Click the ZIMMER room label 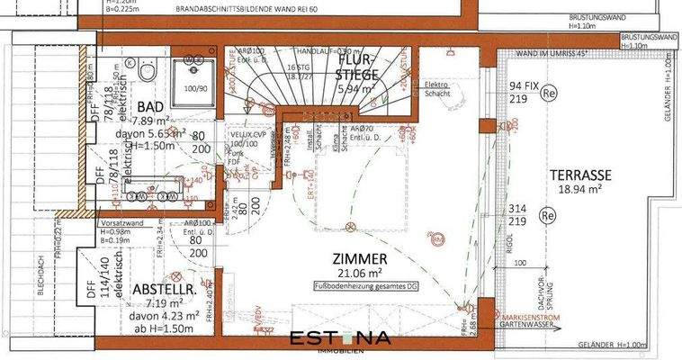point(343,256)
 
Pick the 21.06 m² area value point(343,272)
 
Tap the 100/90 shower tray point(194,89)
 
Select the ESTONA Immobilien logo point(339,340)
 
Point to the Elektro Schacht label point(437,90)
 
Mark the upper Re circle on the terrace point(549,92)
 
